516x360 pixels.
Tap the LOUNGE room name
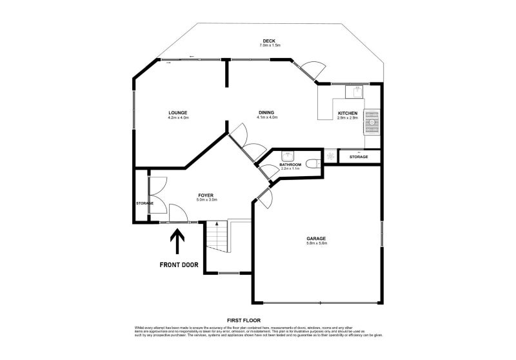(x=177, y=113)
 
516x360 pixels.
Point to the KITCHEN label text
(x=347, y=114)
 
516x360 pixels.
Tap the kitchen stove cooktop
(x=372, y=121)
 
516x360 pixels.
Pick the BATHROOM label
(x=290, y=165)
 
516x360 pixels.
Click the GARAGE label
(x=316, y=239)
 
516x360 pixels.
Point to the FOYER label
(x=206, y=195)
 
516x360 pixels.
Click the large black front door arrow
(x=176, y=245)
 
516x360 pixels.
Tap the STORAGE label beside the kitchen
(x=359, y=157)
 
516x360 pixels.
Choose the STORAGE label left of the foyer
(x=144, y=203)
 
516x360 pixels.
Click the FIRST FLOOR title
(x=243, y=320)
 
